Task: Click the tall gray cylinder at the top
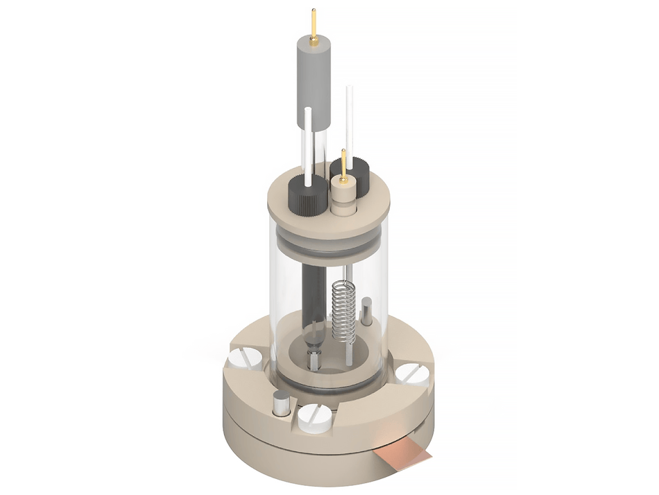[314, 83]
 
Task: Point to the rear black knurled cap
[352, 171]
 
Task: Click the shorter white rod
[307, 146]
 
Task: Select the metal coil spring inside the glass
[343, 308]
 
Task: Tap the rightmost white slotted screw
[414, 374]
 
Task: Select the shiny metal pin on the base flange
[282, 404]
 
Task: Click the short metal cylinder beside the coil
[366, 312]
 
